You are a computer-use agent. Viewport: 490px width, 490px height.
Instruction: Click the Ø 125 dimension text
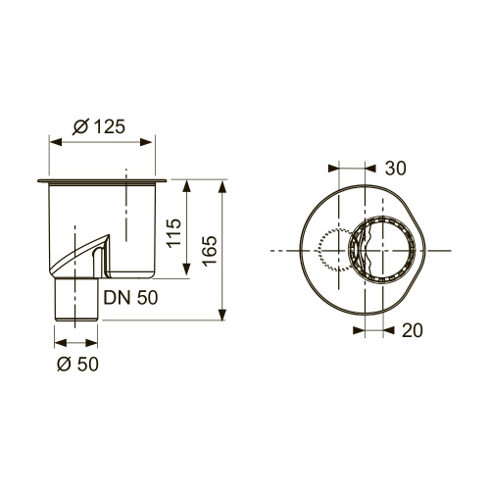click(102, 126)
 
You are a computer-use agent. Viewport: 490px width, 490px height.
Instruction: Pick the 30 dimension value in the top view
click(395, 169)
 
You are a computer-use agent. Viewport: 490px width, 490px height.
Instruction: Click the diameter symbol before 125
click(81, 126)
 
